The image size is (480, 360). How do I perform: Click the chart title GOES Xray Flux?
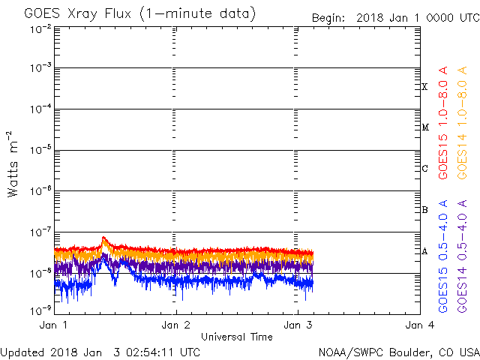coord(139,13)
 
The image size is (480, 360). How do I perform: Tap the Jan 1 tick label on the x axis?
coord(55,325)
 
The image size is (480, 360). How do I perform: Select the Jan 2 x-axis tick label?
coord(176,325)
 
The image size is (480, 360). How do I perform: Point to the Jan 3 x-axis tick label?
coord(298,325)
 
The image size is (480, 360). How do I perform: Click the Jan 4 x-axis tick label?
coord(419,325)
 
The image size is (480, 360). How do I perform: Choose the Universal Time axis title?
coord(236,337)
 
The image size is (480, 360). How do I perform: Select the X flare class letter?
coord(424,87)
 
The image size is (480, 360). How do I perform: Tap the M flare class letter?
coord(424,127)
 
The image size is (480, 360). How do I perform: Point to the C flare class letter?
coord(424,169)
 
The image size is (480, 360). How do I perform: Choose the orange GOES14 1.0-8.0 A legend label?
coord(463,135)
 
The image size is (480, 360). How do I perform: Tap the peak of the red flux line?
coord(103,238)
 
